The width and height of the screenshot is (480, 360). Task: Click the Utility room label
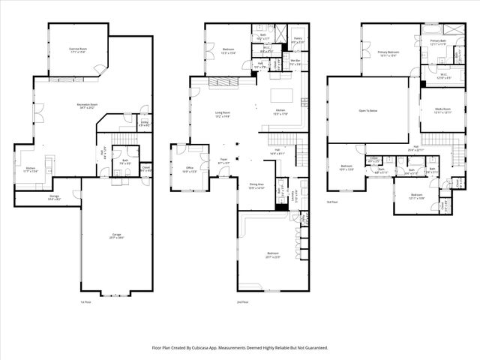pos(143,124)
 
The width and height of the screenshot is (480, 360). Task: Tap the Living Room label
pos(222,113)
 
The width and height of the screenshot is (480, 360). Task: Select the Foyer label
pos(223,159)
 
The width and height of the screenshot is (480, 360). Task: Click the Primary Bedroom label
pos(388,52)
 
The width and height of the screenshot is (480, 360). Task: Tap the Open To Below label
pos(367,109)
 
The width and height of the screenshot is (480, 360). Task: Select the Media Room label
pos(442,109)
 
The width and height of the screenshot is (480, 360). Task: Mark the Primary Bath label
pos(438,42)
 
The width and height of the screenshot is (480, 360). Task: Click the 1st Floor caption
pos(85,302)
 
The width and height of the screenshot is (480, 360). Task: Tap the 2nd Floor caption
pos(241,302)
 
